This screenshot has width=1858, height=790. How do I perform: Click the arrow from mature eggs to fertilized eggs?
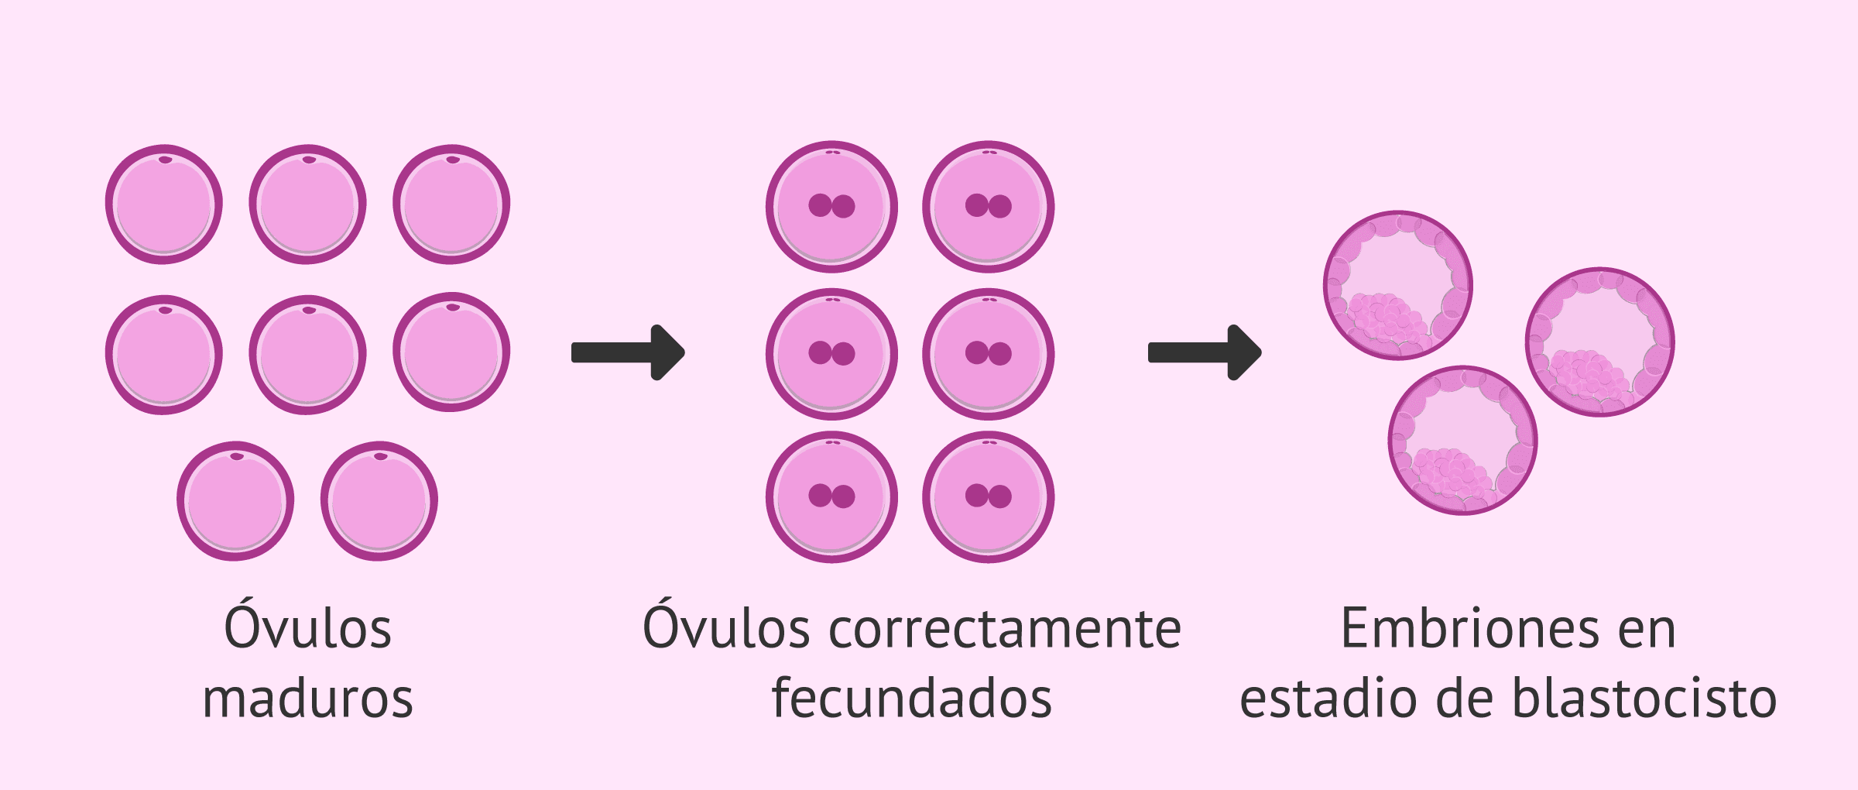tap(628, 352)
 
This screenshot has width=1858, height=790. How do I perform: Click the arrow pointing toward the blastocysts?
tap(1205, 352)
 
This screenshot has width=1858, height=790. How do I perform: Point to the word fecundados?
tap(912, 697)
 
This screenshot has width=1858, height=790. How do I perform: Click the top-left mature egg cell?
tap(164, 204)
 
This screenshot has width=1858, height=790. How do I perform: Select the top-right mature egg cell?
tap(451, 204)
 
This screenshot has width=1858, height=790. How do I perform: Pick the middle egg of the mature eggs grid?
tap(307, 355)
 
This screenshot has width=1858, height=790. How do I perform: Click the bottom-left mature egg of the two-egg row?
tap(235, 501)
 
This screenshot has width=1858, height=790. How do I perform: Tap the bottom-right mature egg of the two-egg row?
tap(379, 501)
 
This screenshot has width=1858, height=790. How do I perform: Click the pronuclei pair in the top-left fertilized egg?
tap(831, 206)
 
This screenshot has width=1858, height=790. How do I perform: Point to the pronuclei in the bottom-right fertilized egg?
tap(989, 496)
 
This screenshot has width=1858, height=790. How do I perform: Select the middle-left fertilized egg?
tap(832, 354)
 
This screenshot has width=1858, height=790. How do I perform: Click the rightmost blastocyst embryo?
tap(1600, 342)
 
